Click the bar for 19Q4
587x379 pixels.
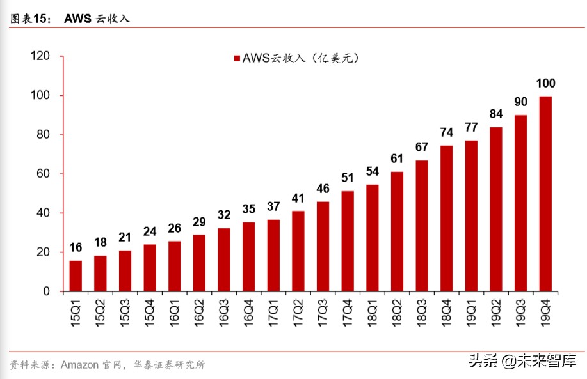545,194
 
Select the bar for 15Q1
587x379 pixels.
76,275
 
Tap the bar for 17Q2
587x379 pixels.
298,251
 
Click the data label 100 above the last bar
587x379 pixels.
545,83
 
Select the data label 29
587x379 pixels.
199,222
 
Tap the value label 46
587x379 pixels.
323,189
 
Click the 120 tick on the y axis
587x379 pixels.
40,56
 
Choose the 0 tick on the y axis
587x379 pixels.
46,291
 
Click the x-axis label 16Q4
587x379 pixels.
249,313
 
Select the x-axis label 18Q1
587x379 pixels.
373,313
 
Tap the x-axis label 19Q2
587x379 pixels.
496,313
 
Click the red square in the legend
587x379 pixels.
236,58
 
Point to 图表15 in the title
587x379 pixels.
29,19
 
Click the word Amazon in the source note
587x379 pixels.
79,365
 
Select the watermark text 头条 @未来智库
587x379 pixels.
522,361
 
